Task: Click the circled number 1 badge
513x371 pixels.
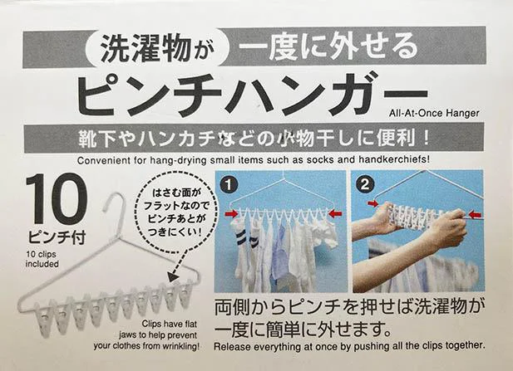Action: click(x=229, y=185)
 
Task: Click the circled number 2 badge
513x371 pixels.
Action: click(x=364, y=184)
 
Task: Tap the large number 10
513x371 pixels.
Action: click(x=57, y=199)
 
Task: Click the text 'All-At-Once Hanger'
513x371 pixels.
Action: click(x=434, y=114)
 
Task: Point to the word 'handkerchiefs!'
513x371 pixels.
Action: click(x=394, y=159)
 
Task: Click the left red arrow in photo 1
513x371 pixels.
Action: click(x=232, y=214)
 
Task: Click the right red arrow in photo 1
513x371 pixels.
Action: click(x=335, y=214)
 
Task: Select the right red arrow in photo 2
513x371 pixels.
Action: click(x=475, y=215)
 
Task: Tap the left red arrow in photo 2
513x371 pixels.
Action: click(x=372, y=204)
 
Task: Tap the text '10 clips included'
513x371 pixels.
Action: click(x=42, y=259)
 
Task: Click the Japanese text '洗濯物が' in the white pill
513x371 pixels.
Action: click(x=156, y=48)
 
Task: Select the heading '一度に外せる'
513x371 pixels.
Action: click(x=328, y=47)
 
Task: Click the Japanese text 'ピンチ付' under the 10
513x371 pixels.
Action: click(x=57, y=237)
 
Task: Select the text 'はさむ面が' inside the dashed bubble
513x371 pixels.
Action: click(x=175, y=193)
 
